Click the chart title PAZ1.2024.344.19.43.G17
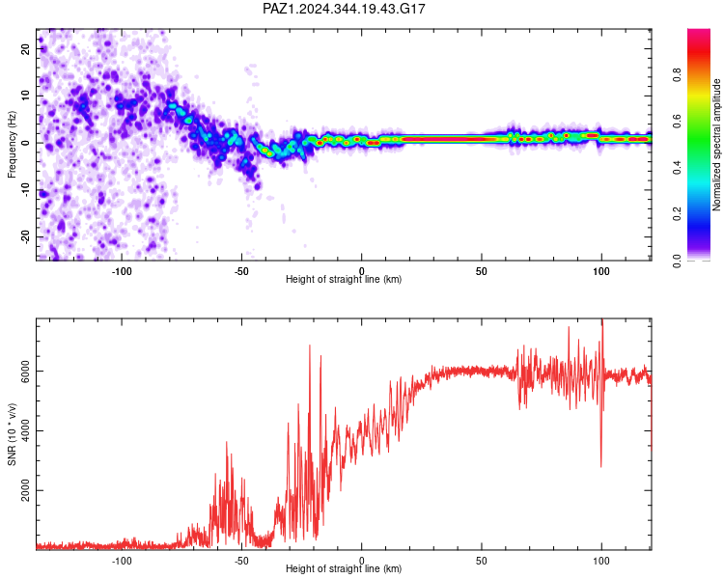point(344,9)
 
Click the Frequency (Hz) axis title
point(12,145)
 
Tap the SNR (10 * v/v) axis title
point(12,434)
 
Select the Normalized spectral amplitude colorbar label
point(716,145)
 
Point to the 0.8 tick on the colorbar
point(677,74)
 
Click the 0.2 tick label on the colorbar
point(677,214)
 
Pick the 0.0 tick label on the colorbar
point(677,261)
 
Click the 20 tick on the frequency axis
point(26,48)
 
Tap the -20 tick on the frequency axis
point(26,236)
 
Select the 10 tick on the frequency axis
point(26,96)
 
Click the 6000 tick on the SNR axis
point(26,372)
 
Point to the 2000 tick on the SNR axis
point(26,490)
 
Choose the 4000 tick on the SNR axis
point(26,430)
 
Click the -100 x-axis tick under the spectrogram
point(122,271)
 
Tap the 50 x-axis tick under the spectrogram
point(481,271)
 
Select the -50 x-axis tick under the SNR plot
point(241,561)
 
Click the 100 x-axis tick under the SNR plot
point(601,561)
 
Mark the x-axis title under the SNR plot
point(344,568)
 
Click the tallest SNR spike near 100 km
point(602,319)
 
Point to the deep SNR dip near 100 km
point(600,466)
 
